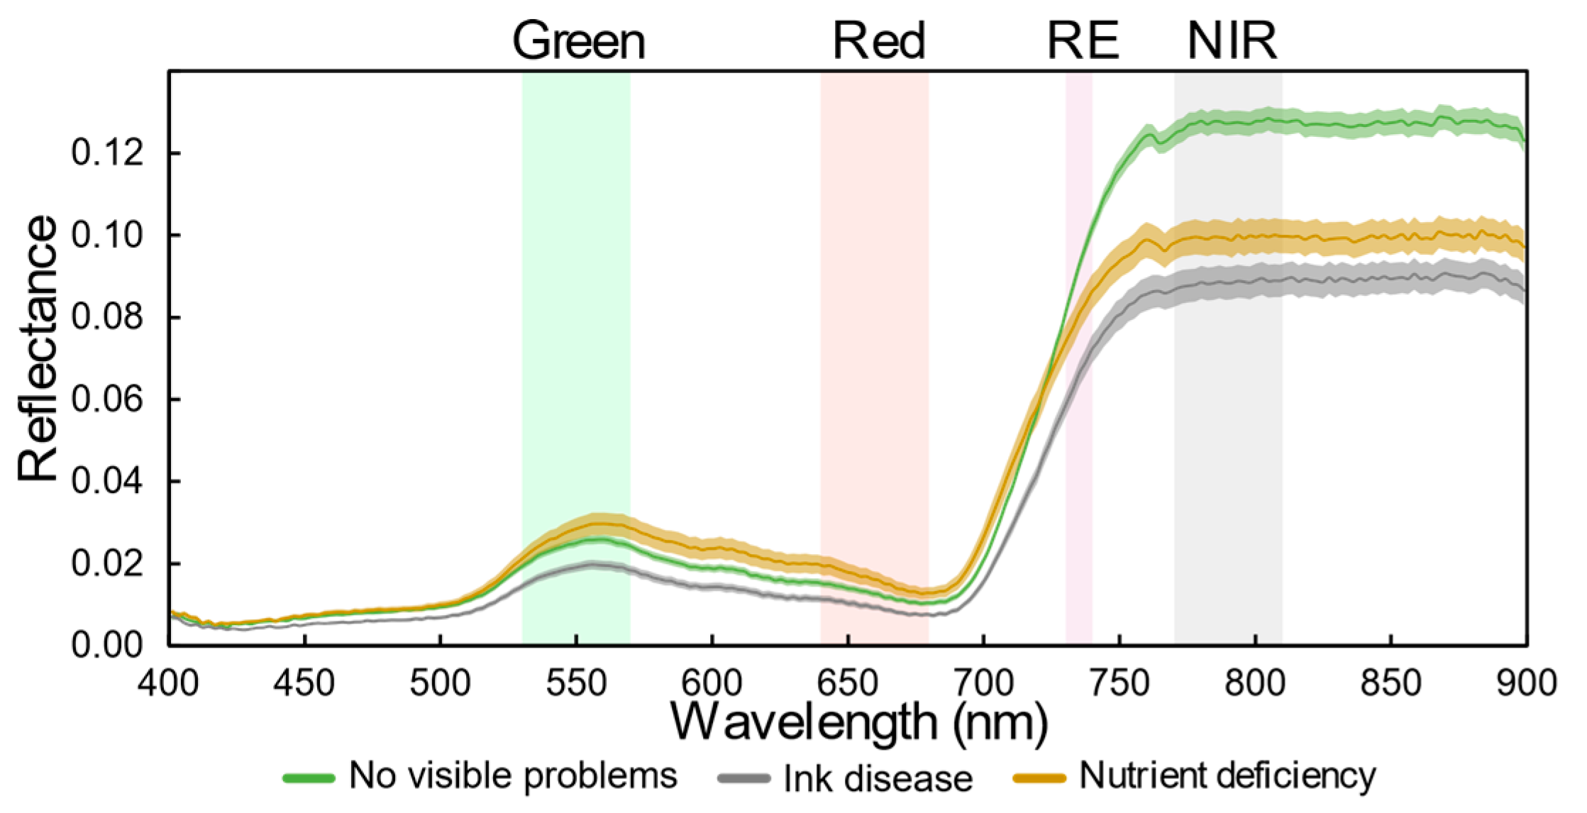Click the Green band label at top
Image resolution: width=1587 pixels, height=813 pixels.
pos(578,41)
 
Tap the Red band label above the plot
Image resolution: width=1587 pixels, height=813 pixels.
pos(878,40)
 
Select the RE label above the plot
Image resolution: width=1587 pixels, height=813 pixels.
pos(1083,40)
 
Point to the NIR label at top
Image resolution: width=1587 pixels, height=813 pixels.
pos(1232,40)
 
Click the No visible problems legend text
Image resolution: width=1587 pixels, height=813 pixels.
pos(512,776)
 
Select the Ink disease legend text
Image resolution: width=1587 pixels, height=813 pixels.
pos(878,778)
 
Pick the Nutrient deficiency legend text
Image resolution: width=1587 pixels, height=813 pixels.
pos(1227,776)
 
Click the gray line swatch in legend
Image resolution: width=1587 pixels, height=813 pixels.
pos(743,778)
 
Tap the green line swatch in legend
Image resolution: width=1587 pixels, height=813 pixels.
pos(309,778)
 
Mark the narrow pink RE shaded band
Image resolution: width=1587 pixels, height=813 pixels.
pos(1078,355)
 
